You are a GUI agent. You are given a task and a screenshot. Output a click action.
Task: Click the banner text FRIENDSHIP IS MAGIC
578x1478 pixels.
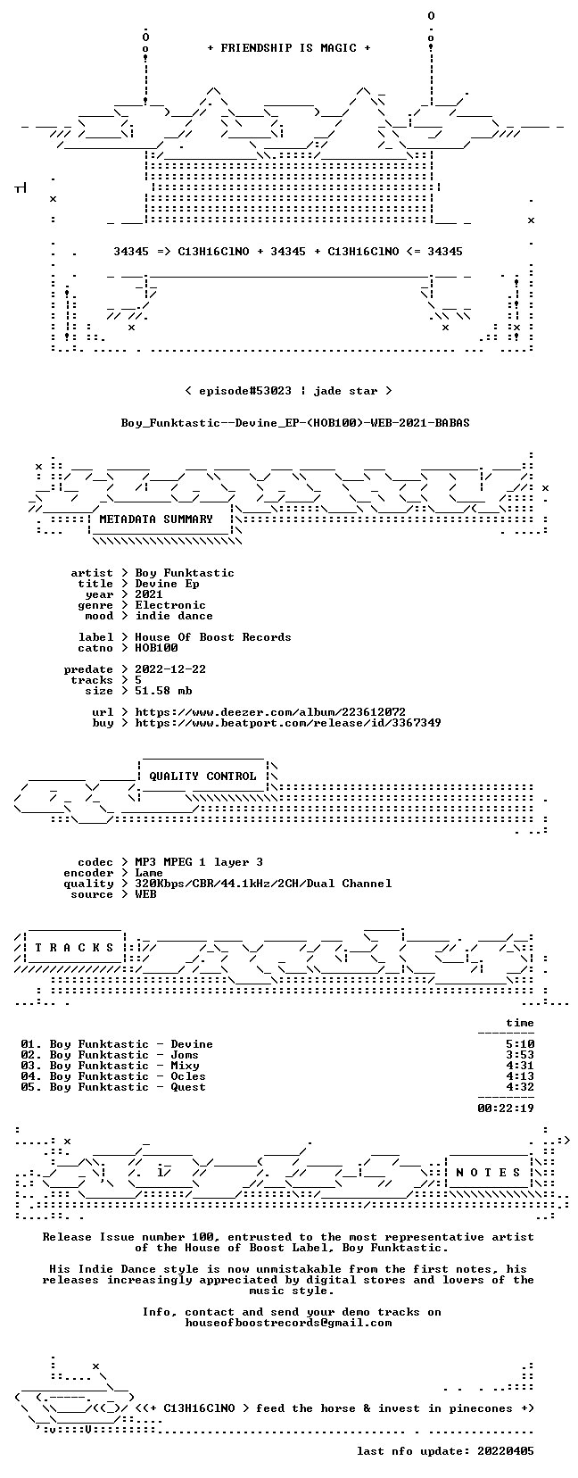pyautogui.click(x=289, y=48)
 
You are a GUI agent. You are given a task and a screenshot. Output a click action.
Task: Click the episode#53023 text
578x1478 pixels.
pyautogui.click(x=245, y=391)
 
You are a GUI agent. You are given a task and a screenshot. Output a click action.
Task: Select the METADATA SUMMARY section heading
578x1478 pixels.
pyautogui.click(x=156, y=519)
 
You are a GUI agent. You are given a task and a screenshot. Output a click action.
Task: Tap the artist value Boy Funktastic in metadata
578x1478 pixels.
pyautogui.click(x=185, y=573)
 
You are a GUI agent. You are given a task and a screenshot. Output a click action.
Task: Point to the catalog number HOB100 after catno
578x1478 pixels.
pyautogui.click(x=156, y=648)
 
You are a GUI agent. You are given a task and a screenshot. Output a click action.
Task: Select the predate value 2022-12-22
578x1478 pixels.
pyautogui.click(x=170, y=669)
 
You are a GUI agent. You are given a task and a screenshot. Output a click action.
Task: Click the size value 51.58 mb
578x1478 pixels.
pyautogui.click(x=163, y=691)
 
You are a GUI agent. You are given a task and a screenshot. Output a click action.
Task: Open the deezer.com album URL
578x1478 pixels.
pyautogui.click(x=270, y=712)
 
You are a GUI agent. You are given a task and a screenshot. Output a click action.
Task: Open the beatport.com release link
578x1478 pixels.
pyautogui.click(x=288, y=723)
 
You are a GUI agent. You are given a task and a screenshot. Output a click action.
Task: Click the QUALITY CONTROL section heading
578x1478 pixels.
pyautogui.click(x=202, y=776)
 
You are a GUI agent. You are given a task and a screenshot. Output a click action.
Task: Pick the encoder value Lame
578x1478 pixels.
pyautogui.click(x=149, y=873)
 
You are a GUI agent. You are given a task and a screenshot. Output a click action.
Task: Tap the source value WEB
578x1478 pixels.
pyautogui.click(x=145, y=894)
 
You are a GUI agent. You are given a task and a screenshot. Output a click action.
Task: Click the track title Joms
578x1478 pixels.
pyautogui.click(x=185, y=1055)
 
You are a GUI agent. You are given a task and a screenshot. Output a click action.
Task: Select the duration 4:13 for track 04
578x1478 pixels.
pyautogui.click(x=520, y=1076)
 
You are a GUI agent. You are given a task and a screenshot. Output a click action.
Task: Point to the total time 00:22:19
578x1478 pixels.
pyautogui.click(x=506, y=1108)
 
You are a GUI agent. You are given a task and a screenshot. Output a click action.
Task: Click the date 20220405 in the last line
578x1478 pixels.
pyautogui.click(x=506, y=1451)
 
